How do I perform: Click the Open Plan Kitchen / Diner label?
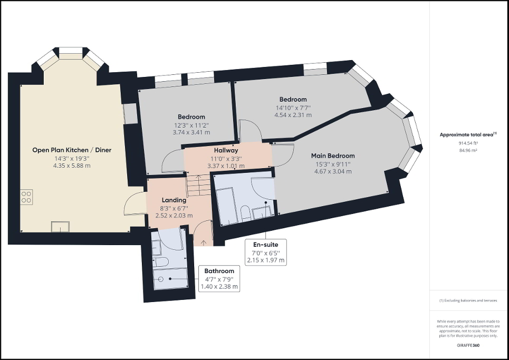point(72,150)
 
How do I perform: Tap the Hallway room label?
point(226,150)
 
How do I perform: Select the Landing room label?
point(174,200)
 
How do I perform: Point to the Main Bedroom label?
point(333,155)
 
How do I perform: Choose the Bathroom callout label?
point(219,271)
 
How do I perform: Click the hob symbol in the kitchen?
point(26,197)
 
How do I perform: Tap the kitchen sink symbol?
point(60,227)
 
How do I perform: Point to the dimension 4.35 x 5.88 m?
point(72,166)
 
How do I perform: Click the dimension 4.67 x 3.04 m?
point(333,171)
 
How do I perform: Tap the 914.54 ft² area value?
point(468,143)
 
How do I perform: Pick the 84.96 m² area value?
point(468,150)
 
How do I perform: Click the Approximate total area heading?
point(467,135)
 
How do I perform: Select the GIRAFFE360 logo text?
point(468,345)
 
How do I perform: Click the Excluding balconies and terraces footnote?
point(468,300)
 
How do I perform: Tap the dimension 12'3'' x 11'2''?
point(191,125)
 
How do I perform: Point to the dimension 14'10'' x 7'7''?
point(293,108)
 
